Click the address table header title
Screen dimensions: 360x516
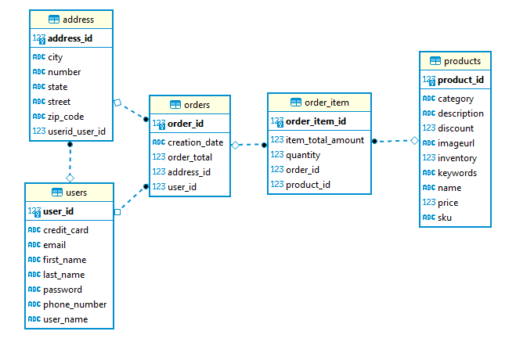click(78, 20)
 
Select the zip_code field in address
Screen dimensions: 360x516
click(66, 117)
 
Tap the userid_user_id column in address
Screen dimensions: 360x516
click(76, 131)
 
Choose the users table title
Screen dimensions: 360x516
click(75, 193)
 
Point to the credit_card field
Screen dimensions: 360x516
click(65, 230)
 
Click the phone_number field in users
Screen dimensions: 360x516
click(74, 304)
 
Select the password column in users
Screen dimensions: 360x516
click(62, 290)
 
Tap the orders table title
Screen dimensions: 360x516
click(197, 105)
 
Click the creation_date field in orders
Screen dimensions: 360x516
click(195, 142)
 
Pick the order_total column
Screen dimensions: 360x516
click(189, 157)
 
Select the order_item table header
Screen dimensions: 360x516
click(326, 103)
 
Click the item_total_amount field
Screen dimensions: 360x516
click(324, 140)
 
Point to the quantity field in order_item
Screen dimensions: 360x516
click(302, 155)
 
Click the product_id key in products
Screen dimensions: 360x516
click(460, 80)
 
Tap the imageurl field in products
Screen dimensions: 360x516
click(456, 143)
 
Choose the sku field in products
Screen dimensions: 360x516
click(445, 218)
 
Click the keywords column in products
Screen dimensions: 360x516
click(456, 173)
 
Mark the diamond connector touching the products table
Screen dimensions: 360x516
click(414, 141)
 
